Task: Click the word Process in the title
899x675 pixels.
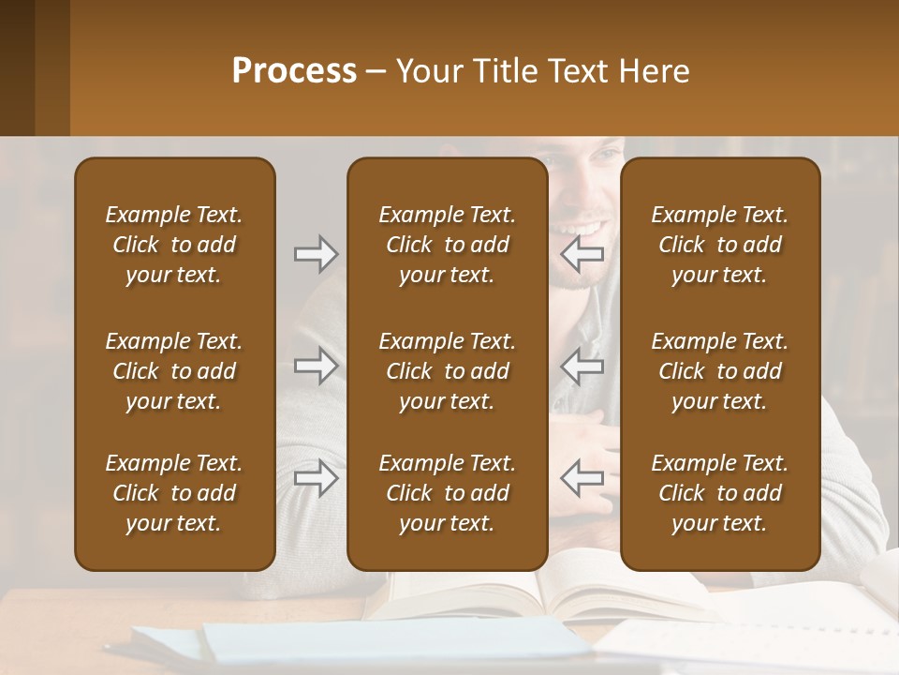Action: point(294,71)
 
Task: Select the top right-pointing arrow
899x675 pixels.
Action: point(316,254)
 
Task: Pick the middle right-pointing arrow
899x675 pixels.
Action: point(316,366)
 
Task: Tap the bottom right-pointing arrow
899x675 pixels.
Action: point(316,478)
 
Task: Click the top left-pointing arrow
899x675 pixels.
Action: point(582,254)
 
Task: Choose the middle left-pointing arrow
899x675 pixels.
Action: point(582,366)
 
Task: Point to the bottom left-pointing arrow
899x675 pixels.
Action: point(582,478)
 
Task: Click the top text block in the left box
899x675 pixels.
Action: point(174,245)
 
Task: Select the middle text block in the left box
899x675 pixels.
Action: point(174,371)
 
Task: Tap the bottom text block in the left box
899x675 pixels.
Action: point(174,493)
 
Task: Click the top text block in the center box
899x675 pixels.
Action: point(448,245)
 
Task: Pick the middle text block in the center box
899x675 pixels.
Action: point(448,371)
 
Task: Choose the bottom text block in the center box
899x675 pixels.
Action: point(448,493)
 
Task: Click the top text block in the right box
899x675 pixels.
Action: point(720,245)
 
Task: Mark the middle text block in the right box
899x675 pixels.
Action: point(720,371)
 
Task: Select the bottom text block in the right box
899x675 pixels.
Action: point(720,493)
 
